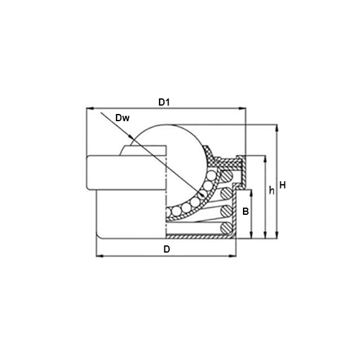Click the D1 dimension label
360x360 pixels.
pos(164,103)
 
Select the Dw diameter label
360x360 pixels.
pos(122,118)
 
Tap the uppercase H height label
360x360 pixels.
pos(283,185)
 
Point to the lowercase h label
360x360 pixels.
pos(272,191)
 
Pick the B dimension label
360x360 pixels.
pos(245,211)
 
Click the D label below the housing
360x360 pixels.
pos(167,249)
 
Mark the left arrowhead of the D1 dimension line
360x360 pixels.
pos(90,109)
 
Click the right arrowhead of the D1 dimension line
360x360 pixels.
pos(242,109)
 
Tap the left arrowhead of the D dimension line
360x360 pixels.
pos(100,256)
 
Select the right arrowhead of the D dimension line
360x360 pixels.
pos(232,256)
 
